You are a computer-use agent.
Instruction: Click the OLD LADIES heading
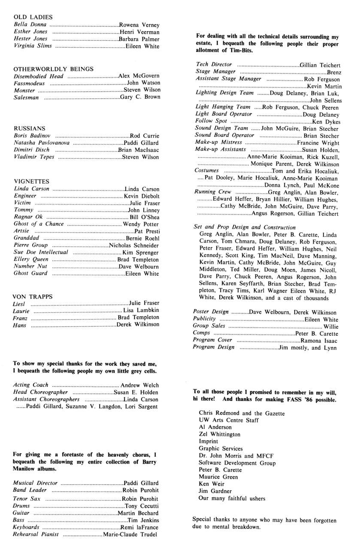tap(33, 17)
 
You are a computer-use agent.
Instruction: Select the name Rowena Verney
tap(139, 24)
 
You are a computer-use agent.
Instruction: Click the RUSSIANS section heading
tap(30, 128)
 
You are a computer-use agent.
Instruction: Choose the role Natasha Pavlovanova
tap(42, 142)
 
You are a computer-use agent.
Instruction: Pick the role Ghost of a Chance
tap(39, 224)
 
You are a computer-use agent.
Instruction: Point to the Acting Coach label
tap(31, 385)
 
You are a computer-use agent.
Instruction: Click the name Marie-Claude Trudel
tap(131, 534)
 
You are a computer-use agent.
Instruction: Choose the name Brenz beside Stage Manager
tap(334, 72)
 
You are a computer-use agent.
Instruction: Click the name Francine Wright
tap(318, 142)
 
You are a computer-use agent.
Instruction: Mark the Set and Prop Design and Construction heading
tap(245, 227)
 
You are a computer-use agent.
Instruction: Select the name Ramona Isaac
tap(319, 340)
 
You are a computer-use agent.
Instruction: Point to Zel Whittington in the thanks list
tap(220, 434)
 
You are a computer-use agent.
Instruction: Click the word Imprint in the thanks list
tap(209, 441)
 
